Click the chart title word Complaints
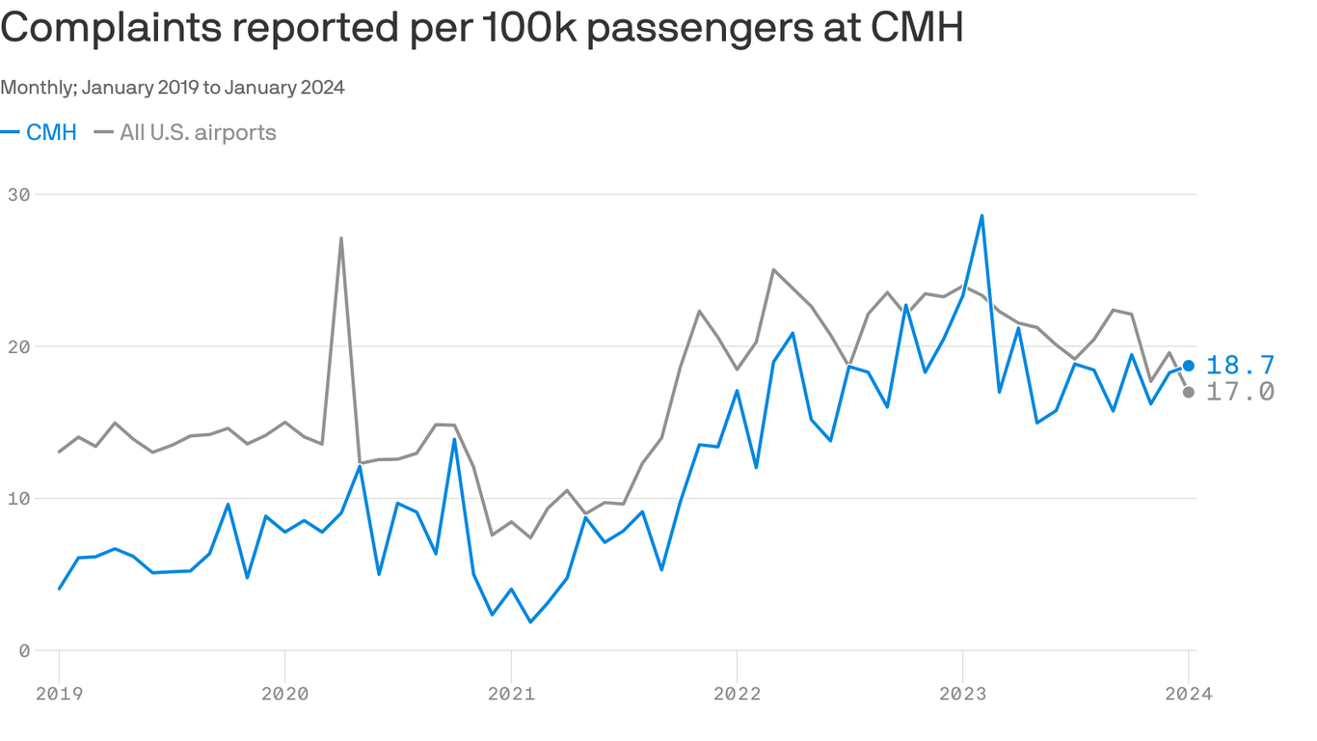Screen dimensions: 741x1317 tap(115, 30)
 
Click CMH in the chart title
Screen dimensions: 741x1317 tap(916, 30)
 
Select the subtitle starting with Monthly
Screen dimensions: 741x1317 tap(173, 88)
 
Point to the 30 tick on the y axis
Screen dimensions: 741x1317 tap(19, 194)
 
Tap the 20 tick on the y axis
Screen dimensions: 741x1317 tap(19, 346)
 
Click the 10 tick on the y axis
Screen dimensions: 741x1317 tap(19, 499)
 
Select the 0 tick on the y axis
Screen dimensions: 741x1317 tap(25, 650)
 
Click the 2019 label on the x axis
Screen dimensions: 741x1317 tap(60, 694)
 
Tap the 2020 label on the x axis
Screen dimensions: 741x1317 tap(285, 694)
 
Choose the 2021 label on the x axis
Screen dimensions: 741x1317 tap(511, 694)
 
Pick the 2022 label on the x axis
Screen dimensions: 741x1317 tap(737, 694)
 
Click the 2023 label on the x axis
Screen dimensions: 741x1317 tap(962, 694)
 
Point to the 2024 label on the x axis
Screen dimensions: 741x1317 tap(1188, 694)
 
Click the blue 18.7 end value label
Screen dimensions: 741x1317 tap(1240, 366)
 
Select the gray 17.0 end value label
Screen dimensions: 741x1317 tap(1240, 392)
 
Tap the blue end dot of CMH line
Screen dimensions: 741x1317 tap(1189, 366)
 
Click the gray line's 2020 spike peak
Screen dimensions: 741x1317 tap(341, 238)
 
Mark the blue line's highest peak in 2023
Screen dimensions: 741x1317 tap(981, 216)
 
